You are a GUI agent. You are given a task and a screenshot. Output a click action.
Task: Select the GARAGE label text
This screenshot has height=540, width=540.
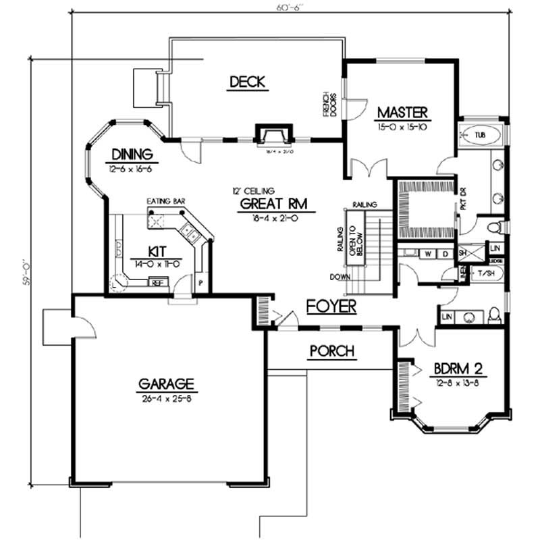166,385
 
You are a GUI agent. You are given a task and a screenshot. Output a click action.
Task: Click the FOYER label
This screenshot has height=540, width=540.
331,306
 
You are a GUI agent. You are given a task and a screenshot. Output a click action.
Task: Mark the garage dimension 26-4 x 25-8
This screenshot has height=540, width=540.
166,398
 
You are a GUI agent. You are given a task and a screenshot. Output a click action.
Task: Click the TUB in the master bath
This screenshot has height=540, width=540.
480,136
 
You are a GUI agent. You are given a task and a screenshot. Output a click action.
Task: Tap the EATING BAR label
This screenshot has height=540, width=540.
165,201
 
